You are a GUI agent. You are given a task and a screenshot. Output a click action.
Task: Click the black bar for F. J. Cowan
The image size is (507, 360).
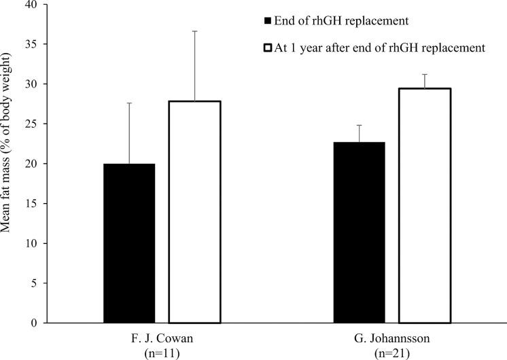pyautogui.click(x=129, y=243)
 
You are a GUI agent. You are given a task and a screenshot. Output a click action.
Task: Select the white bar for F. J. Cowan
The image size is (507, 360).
pyautogui.click(x=195, y=212)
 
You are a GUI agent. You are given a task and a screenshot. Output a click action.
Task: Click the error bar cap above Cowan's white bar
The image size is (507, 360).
pyautogui.click(x=195, y=31)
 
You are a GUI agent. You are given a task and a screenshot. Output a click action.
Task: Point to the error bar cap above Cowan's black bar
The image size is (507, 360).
pyautogui.click(x=129, y=103)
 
